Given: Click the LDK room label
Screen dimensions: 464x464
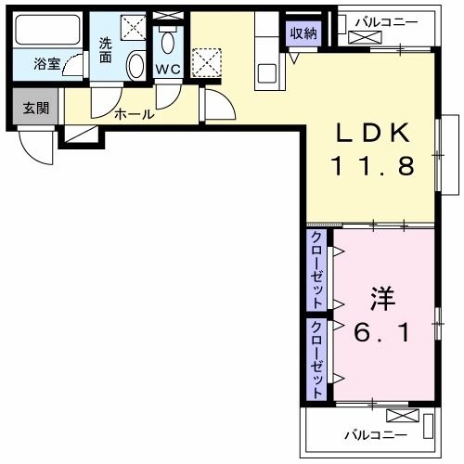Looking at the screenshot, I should (371, 134).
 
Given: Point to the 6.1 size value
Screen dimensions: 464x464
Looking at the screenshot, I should (382, 331).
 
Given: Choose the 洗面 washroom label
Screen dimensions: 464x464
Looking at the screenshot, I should (107, 48).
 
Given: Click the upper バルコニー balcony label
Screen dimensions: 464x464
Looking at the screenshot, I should (387, 21).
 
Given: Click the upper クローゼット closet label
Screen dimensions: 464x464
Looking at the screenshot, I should (317, 270).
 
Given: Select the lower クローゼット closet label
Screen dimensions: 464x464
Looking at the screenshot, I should (317, 359).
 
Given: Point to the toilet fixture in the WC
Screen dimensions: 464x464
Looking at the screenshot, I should (168, 41).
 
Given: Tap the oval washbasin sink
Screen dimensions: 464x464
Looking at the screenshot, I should (135, 65).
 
